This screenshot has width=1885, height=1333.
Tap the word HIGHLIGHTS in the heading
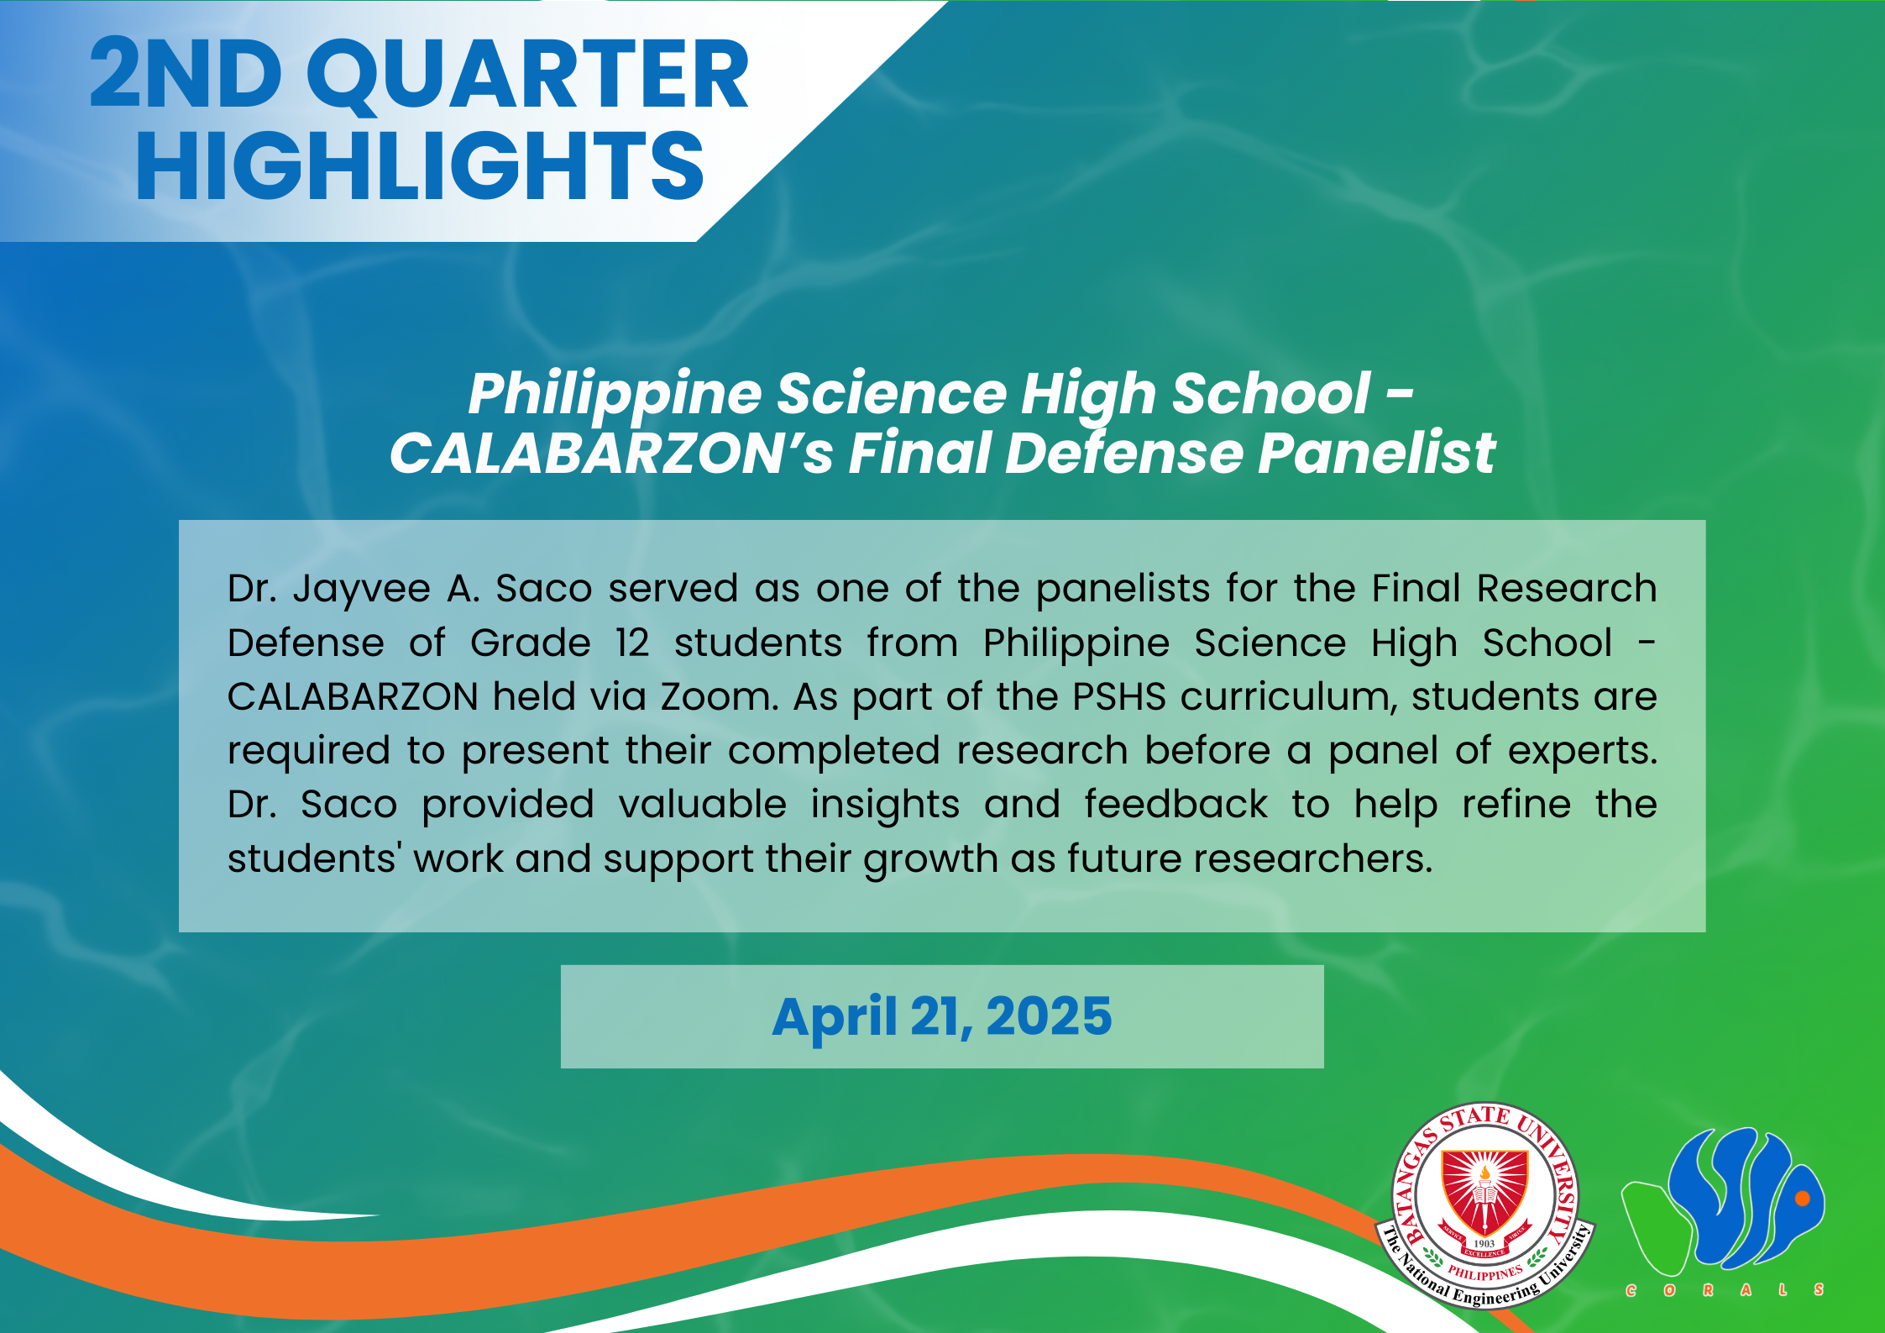420,166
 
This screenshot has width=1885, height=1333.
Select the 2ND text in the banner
186,74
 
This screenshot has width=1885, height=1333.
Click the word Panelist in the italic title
1376,453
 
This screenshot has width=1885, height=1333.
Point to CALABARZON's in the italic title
611,453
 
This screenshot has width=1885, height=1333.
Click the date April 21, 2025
942,1016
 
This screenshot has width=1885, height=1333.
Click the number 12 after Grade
632,643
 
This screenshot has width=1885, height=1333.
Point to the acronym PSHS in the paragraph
1119,696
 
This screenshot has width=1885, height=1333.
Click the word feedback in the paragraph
1176,804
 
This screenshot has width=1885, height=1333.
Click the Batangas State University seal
1484,1204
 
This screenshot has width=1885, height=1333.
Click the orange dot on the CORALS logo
1802,1199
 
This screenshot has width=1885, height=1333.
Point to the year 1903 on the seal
1484,1243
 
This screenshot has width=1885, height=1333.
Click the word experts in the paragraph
1583,751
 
